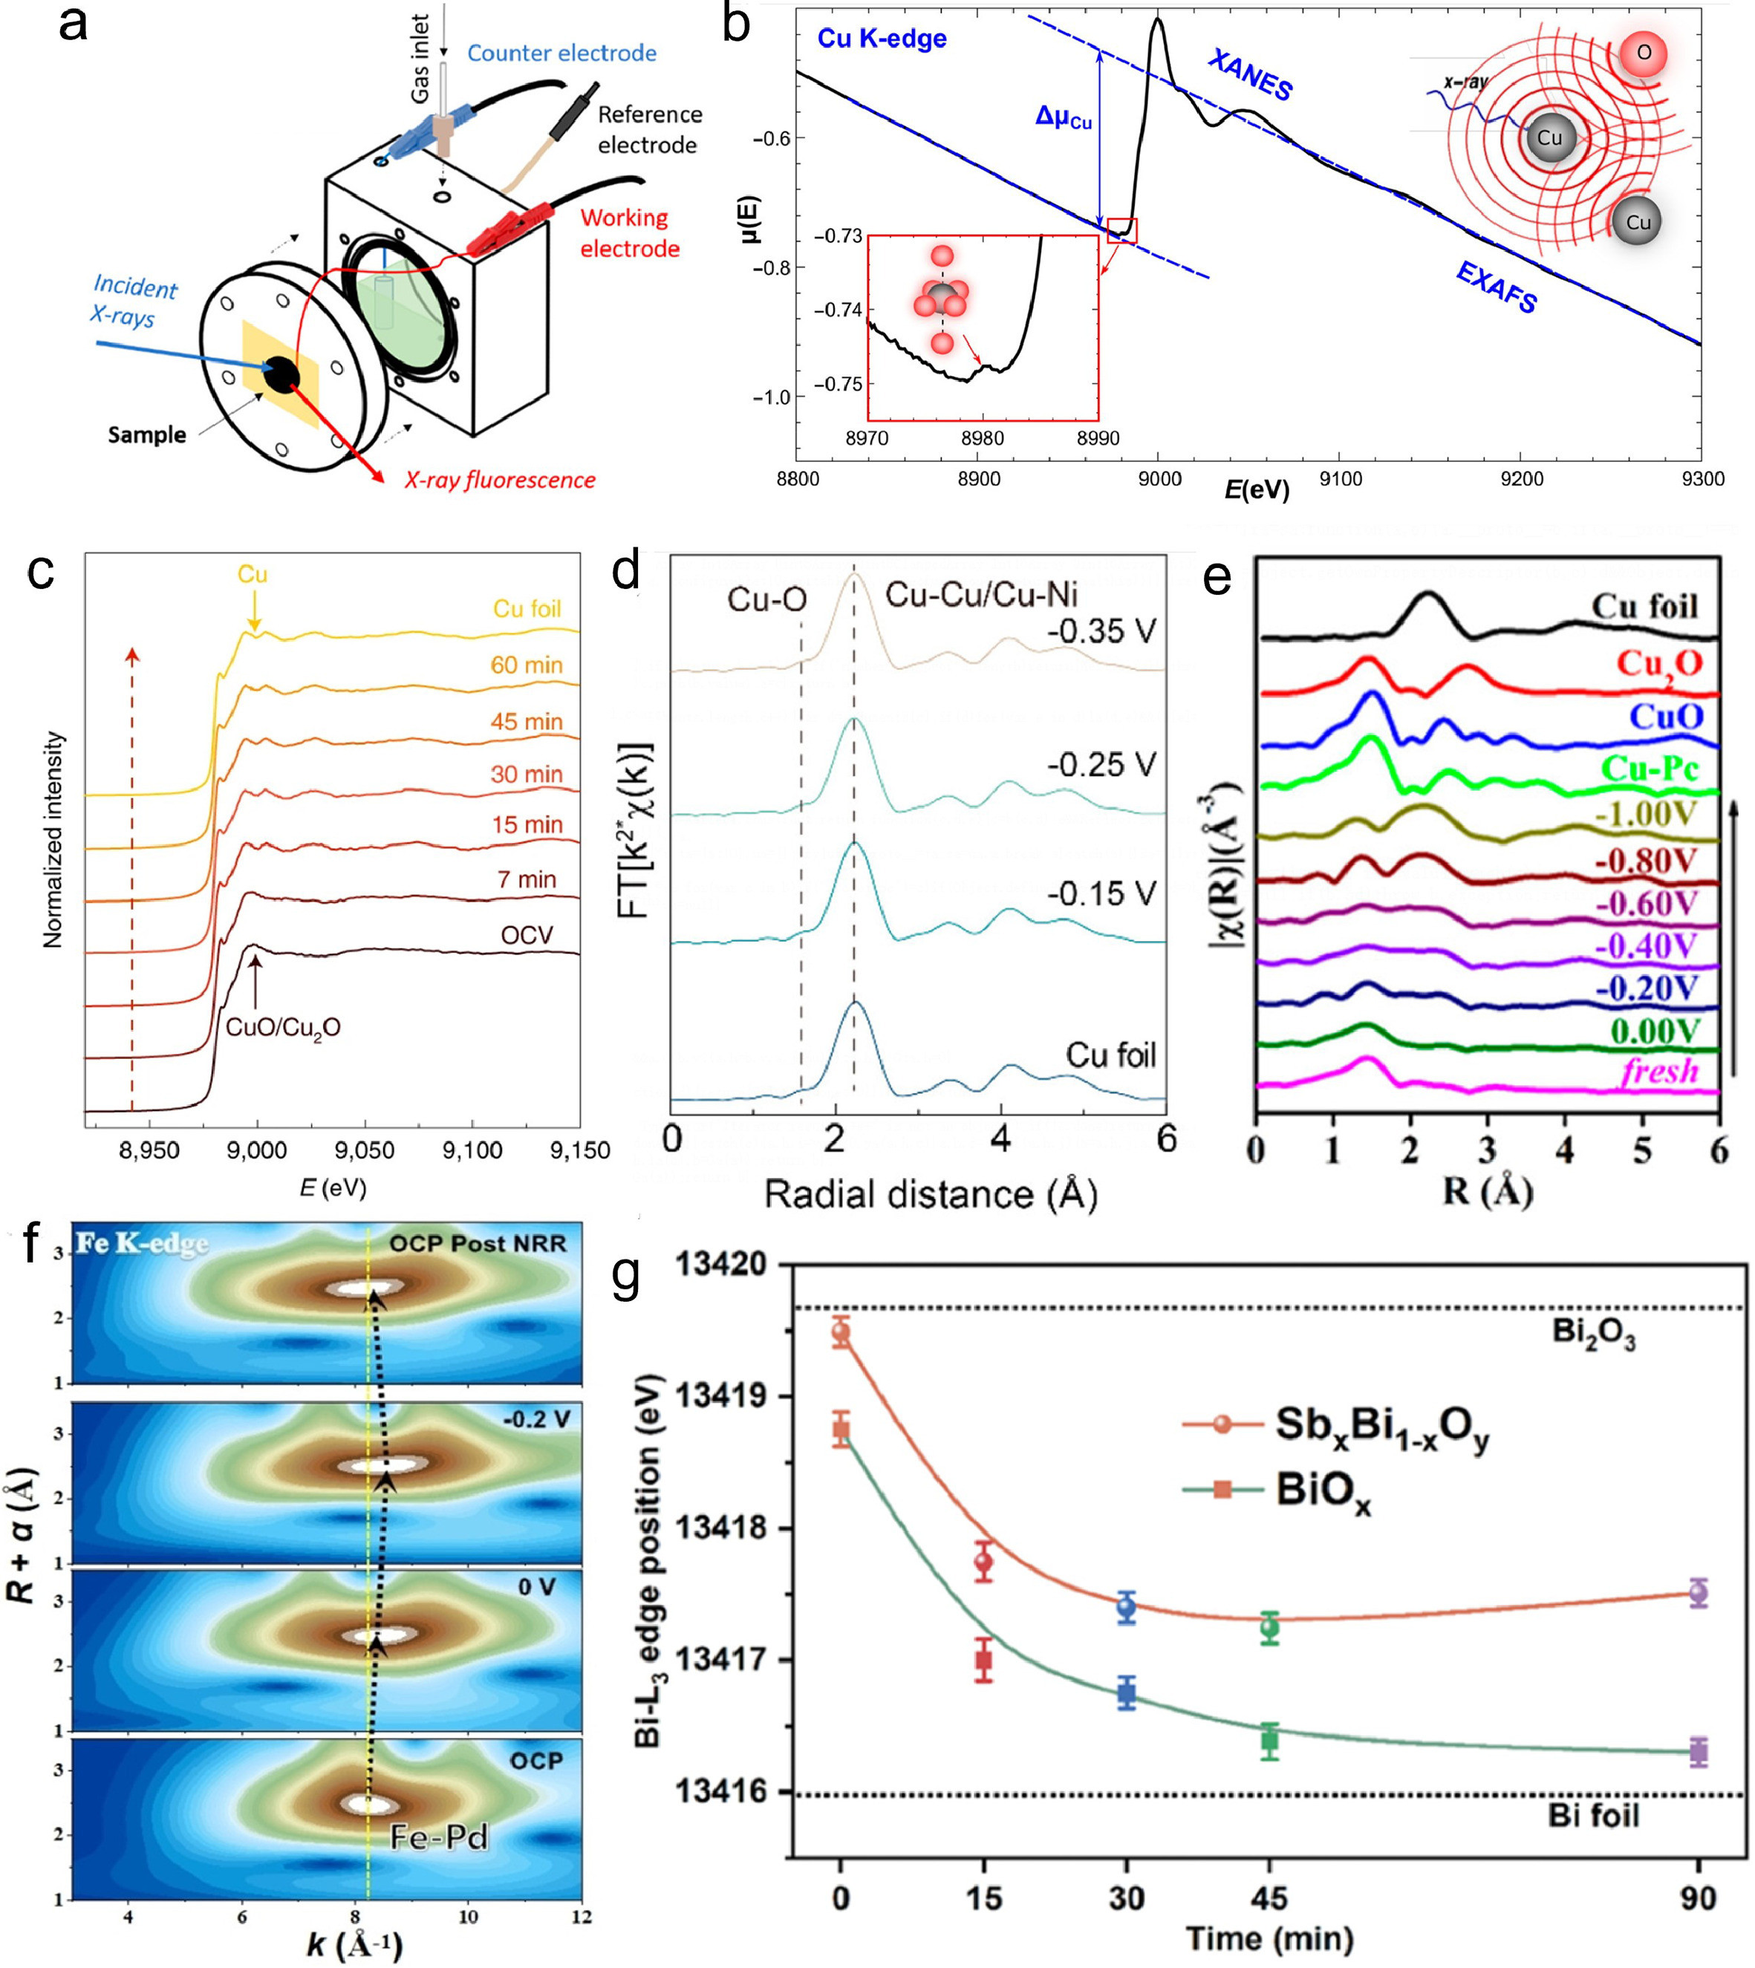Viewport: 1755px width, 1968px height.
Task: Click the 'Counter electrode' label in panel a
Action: pos(561,53)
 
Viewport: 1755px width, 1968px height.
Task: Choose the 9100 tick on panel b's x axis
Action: pos(1341,479)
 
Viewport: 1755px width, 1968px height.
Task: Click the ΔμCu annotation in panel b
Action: pos(1064,117)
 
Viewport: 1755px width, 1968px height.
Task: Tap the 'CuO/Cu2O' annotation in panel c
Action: pos(282,1027)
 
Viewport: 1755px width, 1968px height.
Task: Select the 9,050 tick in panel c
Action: pos(363,1150)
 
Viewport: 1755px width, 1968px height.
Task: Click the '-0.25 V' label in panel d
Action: pos(1101,765)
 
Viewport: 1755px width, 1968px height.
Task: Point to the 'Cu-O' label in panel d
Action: pos(766,600)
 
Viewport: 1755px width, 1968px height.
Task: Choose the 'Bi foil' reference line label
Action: pos(1593,1816)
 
